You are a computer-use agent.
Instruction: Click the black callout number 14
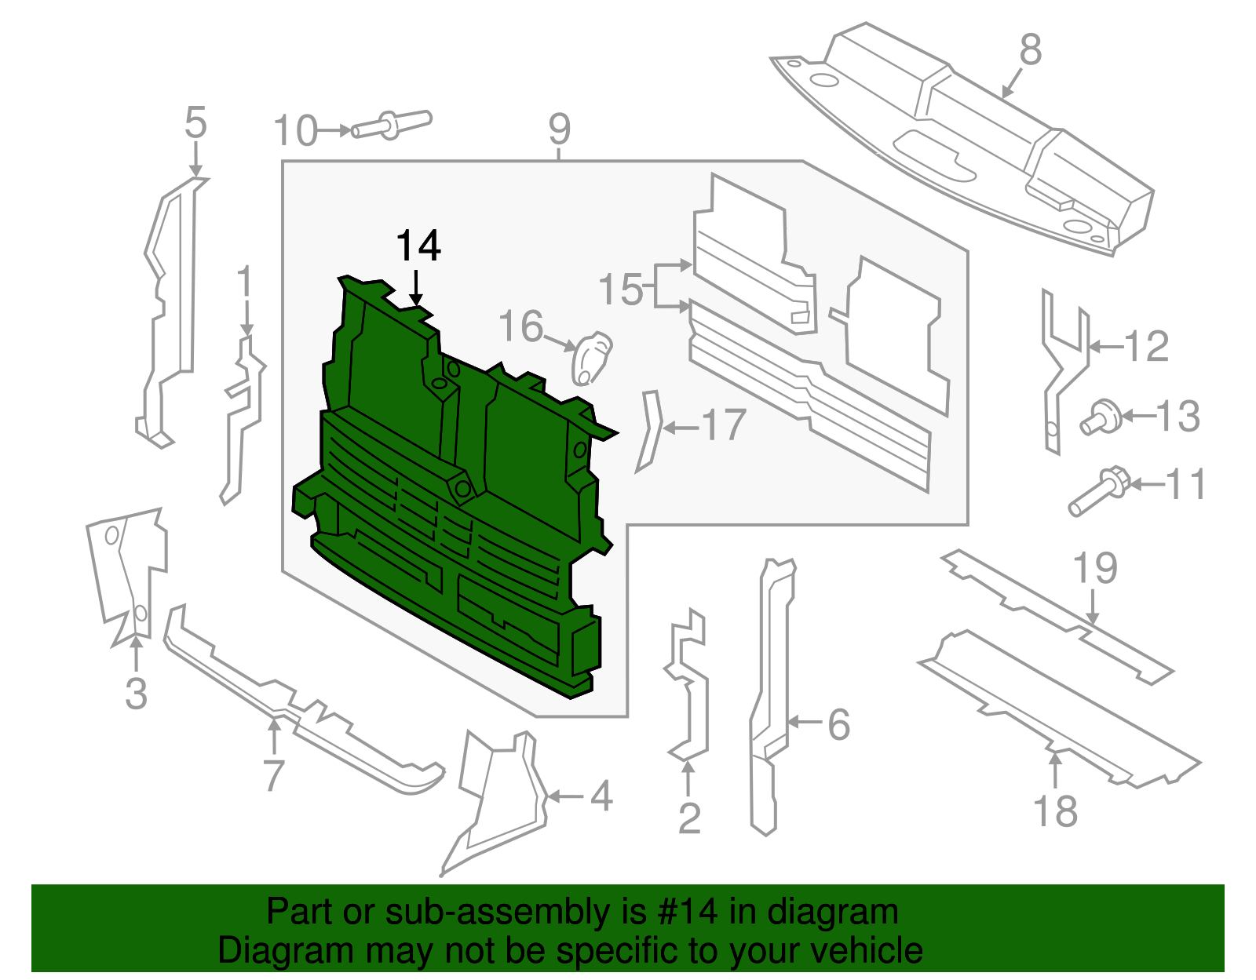tap(418, 246)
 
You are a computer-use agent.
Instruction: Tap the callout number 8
tap(1030, 50)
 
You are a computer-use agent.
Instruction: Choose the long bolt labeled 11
tap(1098, 490)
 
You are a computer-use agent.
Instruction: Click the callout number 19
tap(1095, 568)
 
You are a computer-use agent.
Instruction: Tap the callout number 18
tap(1055, 811)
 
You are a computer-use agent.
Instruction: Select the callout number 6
tap(838, 724)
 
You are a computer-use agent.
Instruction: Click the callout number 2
tap(688, 819)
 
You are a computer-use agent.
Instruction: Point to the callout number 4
tap(601, 796)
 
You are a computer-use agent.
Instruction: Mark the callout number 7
tap(272, 775)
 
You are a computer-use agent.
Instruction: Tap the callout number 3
tap(136, 694)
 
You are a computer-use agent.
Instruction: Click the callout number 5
tap(195, 124)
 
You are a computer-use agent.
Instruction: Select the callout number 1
tap(245, 281)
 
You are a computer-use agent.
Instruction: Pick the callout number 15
tap(620, 290)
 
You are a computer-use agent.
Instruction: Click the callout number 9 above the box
tap(559, 129)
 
